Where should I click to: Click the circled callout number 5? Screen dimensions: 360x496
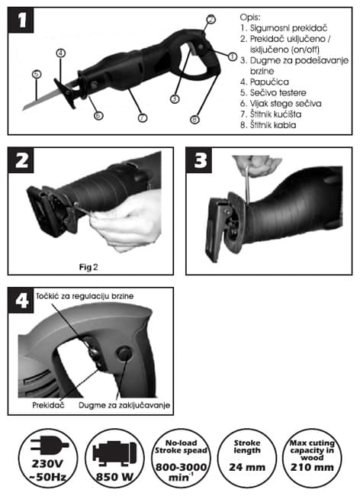pos(37,74)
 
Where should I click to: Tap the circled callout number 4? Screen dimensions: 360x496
pos(61,53)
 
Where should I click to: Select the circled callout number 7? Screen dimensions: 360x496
pos(143,118)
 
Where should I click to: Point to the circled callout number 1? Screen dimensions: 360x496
pos(233,56)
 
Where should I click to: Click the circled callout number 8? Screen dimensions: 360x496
pos(194,120)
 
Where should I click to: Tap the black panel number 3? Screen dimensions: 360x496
pos(199,160)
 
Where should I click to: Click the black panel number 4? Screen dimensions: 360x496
pos(21,300)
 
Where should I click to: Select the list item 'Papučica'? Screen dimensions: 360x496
pos(265,82)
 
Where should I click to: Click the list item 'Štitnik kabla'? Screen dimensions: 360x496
pos(268,125)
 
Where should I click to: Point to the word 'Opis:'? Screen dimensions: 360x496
pos(250,17)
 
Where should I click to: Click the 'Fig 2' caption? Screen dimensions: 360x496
pos(88,267)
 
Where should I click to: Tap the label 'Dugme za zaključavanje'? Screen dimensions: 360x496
pos(124,405)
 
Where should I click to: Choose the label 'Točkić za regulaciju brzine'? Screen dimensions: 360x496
pos(85,296)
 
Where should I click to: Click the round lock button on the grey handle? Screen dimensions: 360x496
pos(124,353)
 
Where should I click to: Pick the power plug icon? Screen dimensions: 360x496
pos(50,446)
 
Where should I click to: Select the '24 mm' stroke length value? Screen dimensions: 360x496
pos(247,467)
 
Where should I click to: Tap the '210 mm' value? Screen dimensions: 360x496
pos(312,467)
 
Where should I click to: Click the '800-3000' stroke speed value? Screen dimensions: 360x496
pos(181,467)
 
